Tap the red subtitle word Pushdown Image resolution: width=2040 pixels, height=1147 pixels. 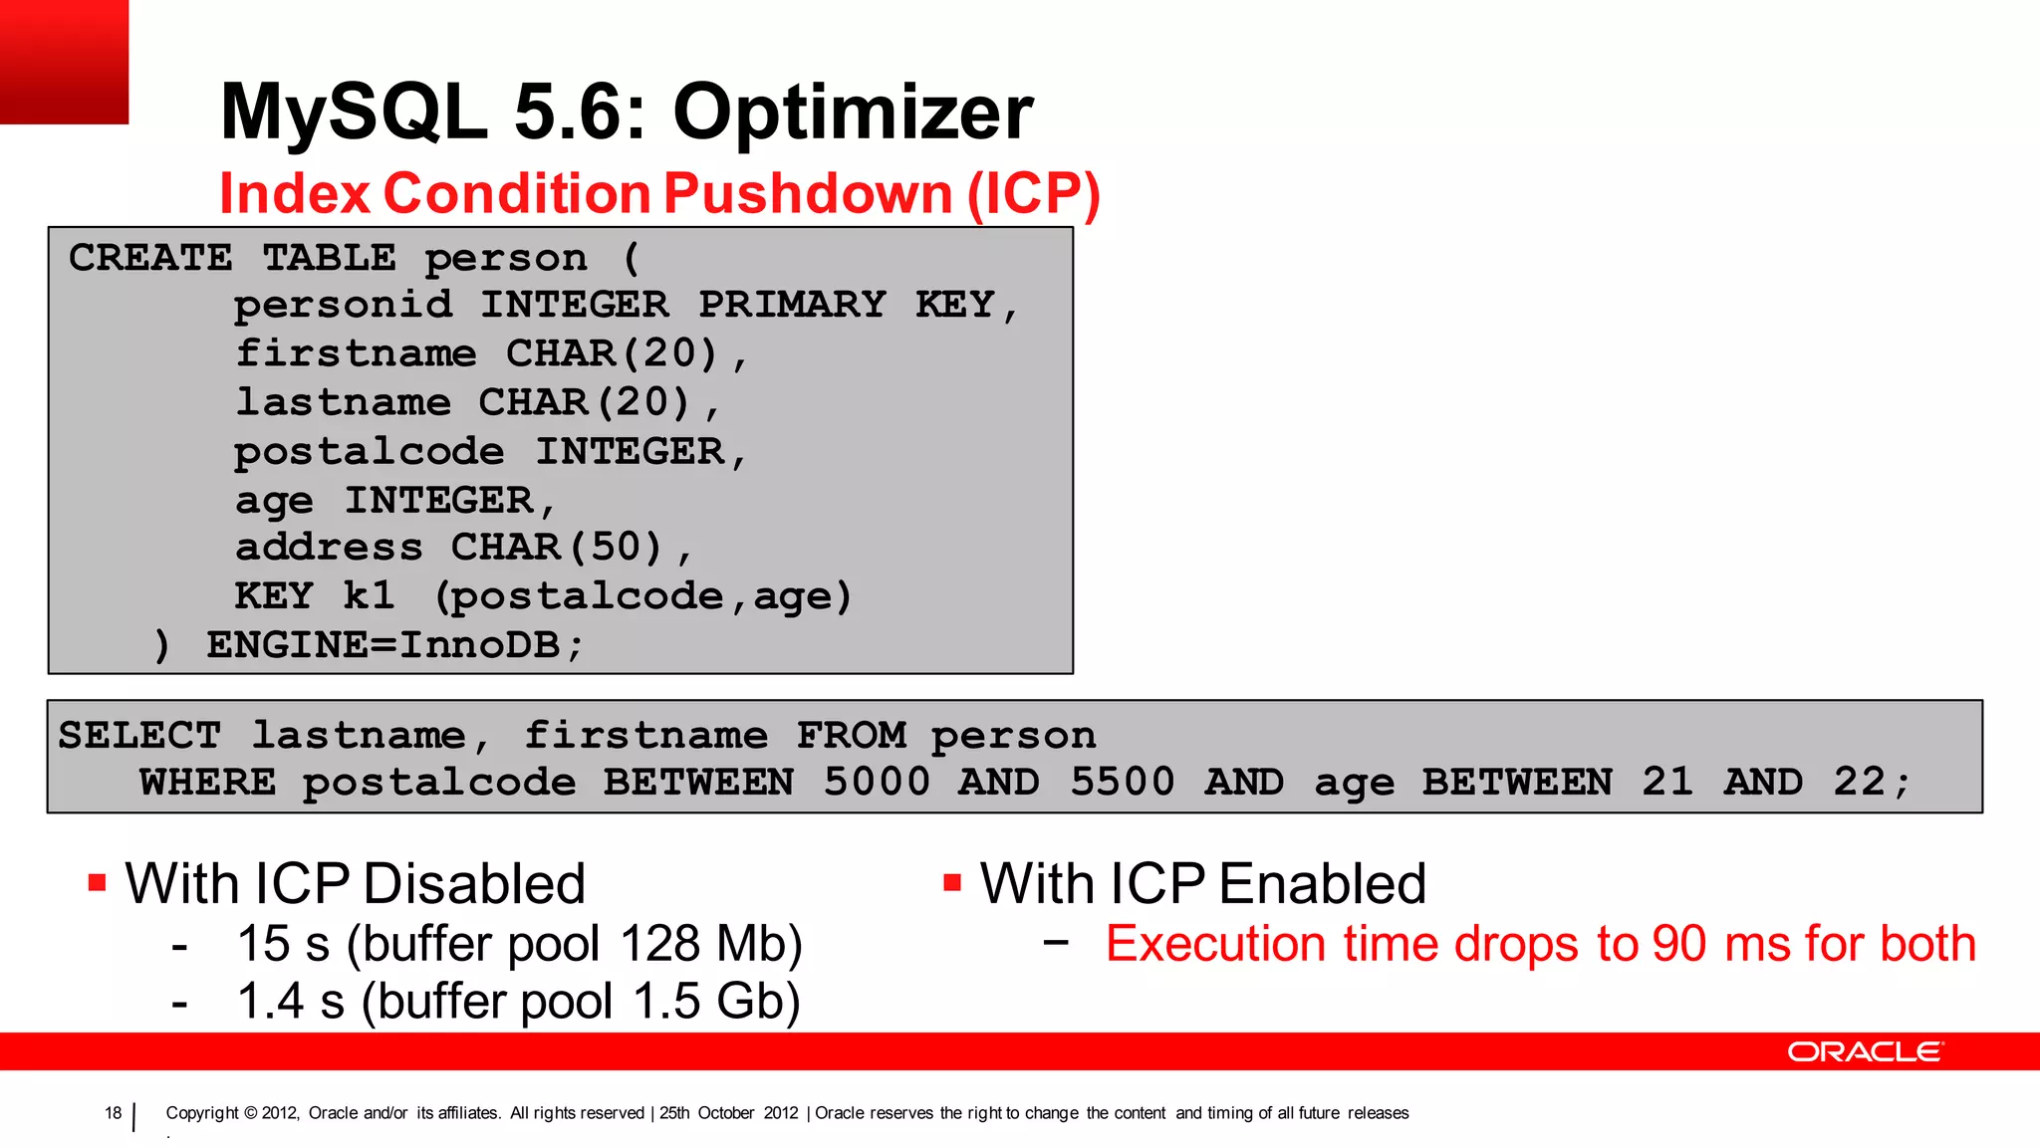808,193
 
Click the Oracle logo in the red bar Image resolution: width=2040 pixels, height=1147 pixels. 1864,1051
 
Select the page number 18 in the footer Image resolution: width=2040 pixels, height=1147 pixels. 113,1113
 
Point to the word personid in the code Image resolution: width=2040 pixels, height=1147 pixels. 343,305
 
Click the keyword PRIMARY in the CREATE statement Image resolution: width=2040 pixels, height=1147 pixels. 792,305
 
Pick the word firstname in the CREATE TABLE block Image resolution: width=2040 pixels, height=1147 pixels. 356,353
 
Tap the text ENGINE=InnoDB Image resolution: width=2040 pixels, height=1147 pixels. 394,645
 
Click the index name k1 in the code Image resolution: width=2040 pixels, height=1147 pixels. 369,596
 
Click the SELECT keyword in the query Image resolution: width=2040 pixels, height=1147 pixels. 139,736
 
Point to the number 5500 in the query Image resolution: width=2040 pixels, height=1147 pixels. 1122,783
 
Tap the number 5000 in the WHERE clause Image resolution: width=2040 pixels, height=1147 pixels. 877,783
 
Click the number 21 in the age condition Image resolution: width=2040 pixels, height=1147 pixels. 1666,783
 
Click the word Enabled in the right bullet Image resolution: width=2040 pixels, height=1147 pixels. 1322,884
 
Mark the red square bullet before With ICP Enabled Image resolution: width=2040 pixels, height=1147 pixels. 951,882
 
